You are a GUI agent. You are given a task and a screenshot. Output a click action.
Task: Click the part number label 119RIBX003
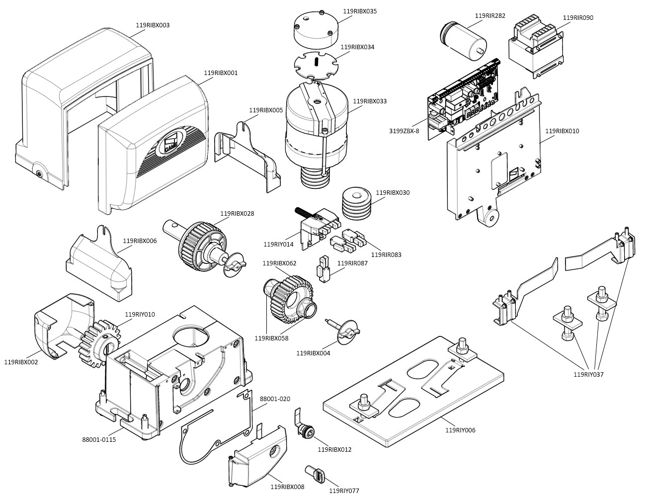pos(153,25)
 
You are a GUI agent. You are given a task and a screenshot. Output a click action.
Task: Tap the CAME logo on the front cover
pos(171,143)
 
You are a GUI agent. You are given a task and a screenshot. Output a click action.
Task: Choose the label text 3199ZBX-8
pos(404,131)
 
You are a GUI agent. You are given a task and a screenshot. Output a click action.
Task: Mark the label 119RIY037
pos(588,374)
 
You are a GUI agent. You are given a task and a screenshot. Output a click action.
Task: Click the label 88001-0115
pos(99,439)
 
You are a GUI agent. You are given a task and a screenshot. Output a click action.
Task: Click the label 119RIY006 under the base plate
pos(460,430)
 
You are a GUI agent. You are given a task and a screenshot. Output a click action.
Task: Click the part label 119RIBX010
pos(562,131)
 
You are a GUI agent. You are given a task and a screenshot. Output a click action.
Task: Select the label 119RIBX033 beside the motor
pos(370,101)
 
